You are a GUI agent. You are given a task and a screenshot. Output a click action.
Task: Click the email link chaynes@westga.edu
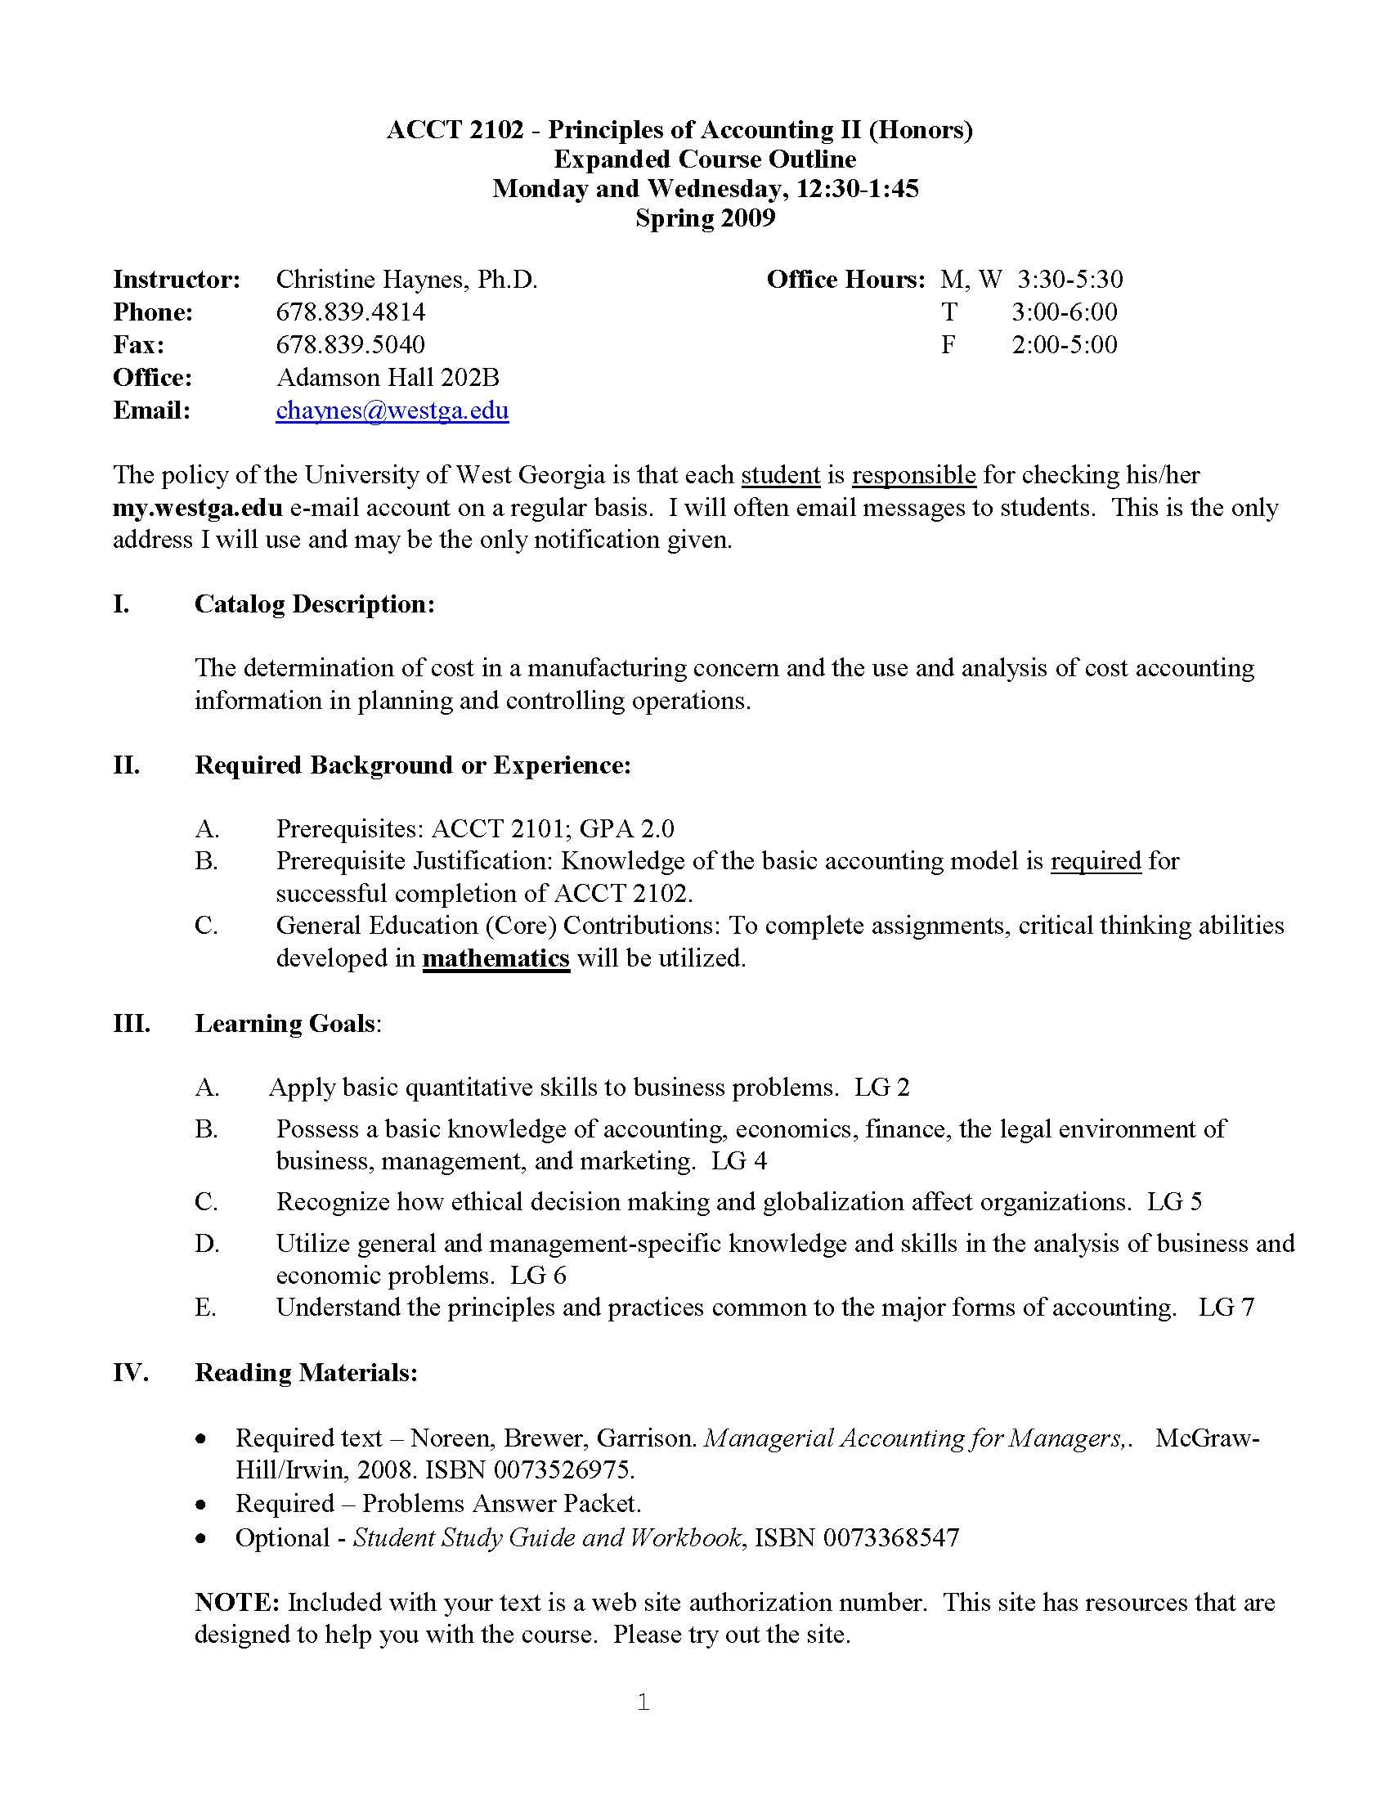coord(392,410)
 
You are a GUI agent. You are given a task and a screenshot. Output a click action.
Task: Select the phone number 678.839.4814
coord(351,312)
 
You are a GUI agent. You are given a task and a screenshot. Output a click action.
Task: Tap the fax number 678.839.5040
coord(351,344)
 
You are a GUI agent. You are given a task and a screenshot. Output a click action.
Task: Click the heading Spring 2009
coord(705,218)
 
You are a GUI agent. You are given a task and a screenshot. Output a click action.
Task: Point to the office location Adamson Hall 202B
coord(388,377)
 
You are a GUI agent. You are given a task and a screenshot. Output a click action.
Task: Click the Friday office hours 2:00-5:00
coord(1064,344)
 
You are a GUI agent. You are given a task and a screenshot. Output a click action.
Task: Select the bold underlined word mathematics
coord(495,959)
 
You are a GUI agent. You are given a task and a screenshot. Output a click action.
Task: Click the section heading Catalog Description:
coord(315,603)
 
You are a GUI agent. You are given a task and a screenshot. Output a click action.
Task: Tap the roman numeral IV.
coord(130,1373)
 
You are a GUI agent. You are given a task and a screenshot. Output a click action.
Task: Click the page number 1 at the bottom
coord(644,1703)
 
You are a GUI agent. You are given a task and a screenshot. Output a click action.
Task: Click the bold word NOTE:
coord(238,1603)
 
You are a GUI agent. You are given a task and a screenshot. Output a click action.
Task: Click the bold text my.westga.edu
coord(198,508)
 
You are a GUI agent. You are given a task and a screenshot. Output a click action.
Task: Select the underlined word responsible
coord(914,475)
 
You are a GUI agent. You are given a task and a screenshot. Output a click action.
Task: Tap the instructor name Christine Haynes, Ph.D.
coord(407,280)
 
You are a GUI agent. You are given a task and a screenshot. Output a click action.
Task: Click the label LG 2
coord(882,1088)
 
